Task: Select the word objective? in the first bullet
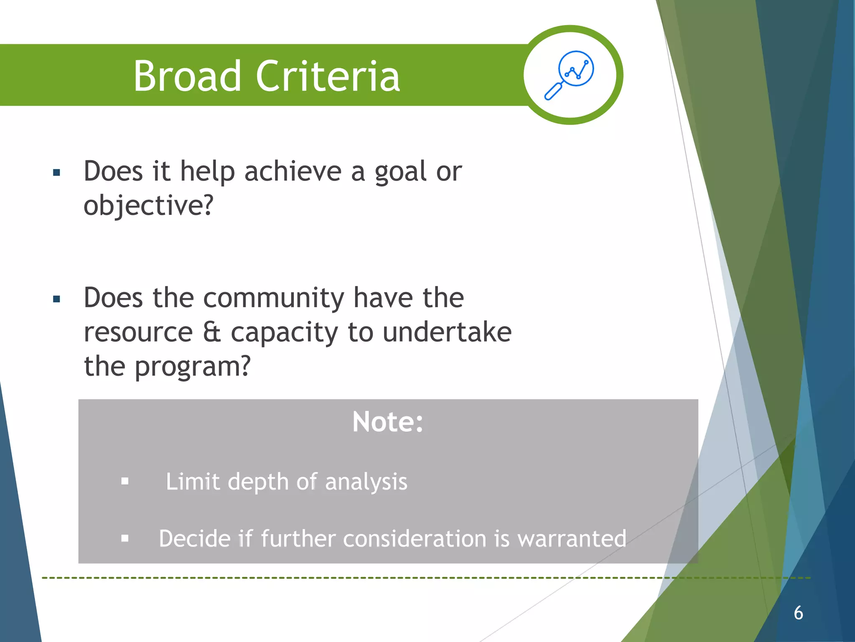tap(148, 206)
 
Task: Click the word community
tap(273, 298)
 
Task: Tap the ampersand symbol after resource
tap(212, 333)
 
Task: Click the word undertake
tap(447, 333)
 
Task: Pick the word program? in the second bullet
tap(192, 367)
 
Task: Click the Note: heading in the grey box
tap(388, 422)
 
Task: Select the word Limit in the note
tap(192, 482)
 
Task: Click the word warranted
tap(572, 539)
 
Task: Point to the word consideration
tap(415, 539)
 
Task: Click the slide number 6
tap(798, 613)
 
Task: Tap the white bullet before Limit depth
tap(125, 481)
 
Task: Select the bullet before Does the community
tap(57, 299)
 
